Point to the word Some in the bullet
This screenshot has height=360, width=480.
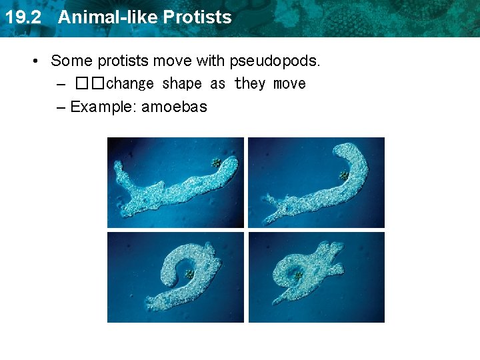point(71,61)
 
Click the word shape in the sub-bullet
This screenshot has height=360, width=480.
point(182,84)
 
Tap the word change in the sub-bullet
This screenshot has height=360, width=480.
point(131,84)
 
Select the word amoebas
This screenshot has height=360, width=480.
point(175,107)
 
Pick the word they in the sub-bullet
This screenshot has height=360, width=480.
point(250,84)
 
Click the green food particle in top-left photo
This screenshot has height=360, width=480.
point(216,162)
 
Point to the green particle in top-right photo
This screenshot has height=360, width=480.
point(344,175)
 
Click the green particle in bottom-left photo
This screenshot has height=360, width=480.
point(189,274)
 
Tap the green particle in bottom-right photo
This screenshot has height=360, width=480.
point(299,274)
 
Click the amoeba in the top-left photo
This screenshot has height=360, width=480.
point(173,187)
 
